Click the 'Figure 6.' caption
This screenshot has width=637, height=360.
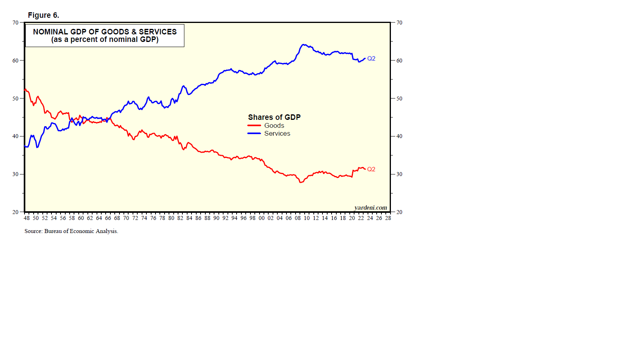[44, 15]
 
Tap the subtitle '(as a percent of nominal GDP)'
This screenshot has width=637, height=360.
[105, 40]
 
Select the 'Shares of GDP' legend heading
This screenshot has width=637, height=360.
[274, 117]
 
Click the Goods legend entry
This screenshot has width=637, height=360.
[274, 125]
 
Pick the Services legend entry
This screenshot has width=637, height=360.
[277, 134]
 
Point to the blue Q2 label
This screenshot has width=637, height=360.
[371, 59]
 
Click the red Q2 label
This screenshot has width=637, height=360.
[371, 169]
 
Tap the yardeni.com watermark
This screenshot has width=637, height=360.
[371, 208]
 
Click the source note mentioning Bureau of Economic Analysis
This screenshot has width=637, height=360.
[71, 231]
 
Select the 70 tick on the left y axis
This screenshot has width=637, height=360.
[15, 23]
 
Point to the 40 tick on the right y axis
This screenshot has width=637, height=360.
[399, 136]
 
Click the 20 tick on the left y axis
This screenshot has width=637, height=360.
[15, 212]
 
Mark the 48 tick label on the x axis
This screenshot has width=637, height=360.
[27, 218]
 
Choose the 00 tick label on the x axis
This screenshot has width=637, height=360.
[262, 218]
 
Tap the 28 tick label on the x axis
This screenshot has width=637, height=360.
[388, 218]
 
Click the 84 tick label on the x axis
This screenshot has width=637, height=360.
[189, 218]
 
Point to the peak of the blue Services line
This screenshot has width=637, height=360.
[303, 45]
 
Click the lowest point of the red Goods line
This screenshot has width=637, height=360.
[301, 182]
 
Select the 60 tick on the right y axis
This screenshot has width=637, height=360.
[399, 61]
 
